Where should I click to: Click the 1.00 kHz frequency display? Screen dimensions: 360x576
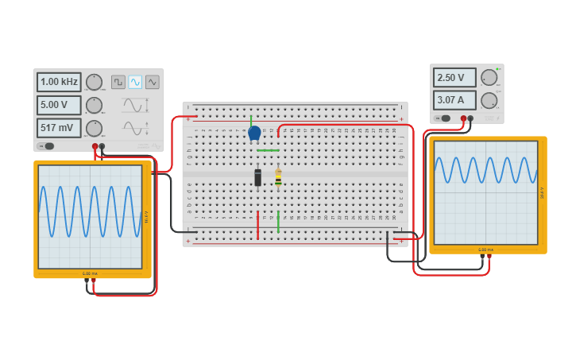(x=59, y=82)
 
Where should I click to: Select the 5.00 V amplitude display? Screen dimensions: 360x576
(x=59, y=105)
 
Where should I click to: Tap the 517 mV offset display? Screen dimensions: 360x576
(x=59, y=128)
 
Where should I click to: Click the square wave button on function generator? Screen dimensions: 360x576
(x=118, y=82)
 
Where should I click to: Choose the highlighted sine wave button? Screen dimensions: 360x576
(x=135, y=82)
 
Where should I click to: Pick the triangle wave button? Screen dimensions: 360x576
(x=152, y=82)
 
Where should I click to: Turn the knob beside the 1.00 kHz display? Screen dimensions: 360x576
(x=94, y=82)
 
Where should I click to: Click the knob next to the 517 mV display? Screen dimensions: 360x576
(x=94, y=128)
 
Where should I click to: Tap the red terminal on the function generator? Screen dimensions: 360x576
(x=95, y=146)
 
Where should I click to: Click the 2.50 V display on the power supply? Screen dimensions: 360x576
(x=454, y=78)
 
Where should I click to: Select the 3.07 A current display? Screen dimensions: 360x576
(x=454, y=100)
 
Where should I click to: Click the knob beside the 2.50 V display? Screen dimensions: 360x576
(x=489, y=78)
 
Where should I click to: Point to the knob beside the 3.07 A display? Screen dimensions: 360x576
(x=489, y=100)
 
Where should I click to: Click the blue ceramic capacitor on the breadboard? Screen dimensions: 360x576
(x=254, y=133)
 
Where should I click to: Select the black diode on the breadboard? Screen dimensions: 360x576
(x=257, y=177)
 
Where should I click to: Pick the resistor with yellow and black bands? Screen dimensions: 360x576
(x=278, y=178)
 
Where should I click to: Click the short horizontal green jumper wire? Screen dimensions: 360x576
(x=268, y=150)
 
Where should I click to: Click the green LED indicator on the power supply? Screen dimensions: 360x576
(x=498, y=69)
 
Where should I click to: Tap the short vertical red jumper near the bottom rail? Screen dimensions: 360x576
(x=257, y=225)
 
